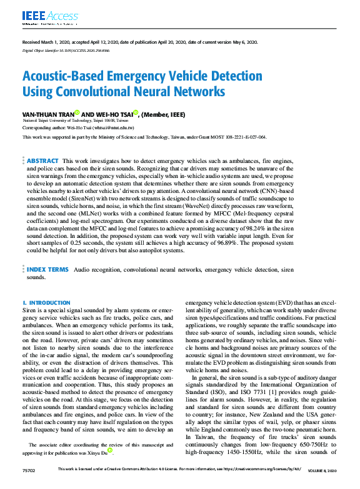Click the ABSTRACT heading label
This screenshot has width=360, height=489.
click(x=42, y=161)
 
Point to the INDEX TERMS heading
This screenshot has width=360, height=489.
click(x=47, y=269)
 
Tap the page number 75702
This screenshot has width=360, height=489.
click(x=28, y=485)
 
